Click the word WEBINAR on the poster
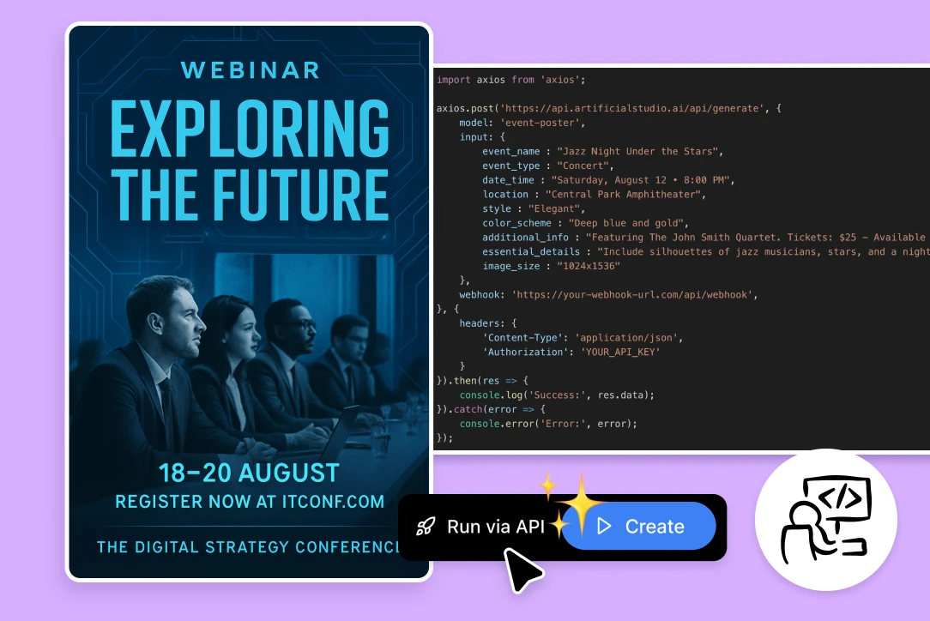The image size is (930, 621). [x=251, y=70]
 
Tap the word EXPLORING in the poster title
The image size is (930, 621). [x=250, y=128]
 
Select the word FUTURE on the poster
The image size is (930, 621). [x=301, y=194]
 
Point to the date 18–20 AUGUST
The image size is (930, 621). [x=249, y=473]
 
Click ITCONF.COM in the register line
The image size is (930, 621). [x=334, y=502]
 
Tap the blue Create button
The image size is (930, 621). [x=639, y=526]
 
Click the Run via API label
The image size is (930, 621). [x=496, y=527]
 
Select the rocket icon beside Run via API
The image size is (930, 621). [x=426, y=527]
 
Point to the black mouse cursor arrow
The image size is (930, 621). [x=521, y=570]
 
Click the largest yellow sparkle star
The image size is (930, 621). [x=582, y=504]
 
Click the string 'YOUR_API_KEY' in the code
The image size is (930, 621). [x=619, y=352]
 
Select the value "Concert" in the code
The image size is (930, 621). [x=585, y=166]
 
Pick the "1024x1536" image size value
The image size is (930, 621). [x=588, y=266]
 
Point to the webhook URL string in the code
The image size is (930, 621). [x=634, y=295]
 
